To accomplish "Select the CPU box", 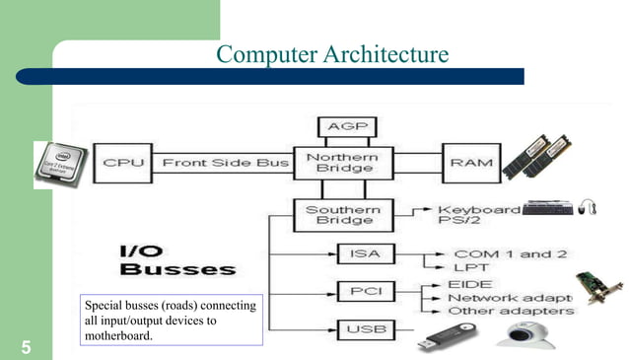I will pyautogui.click(x=123, y=162).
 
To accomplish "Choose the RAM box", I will pyautogui.click(x=470, y=162).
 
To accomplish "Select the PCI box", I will pyautogui.click(x=359, y=291).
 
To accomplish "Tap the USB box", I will pyautogui.click(x=359, y=328).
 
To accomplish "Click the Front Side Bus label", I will pyautogui.click(x=225, y=162).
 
